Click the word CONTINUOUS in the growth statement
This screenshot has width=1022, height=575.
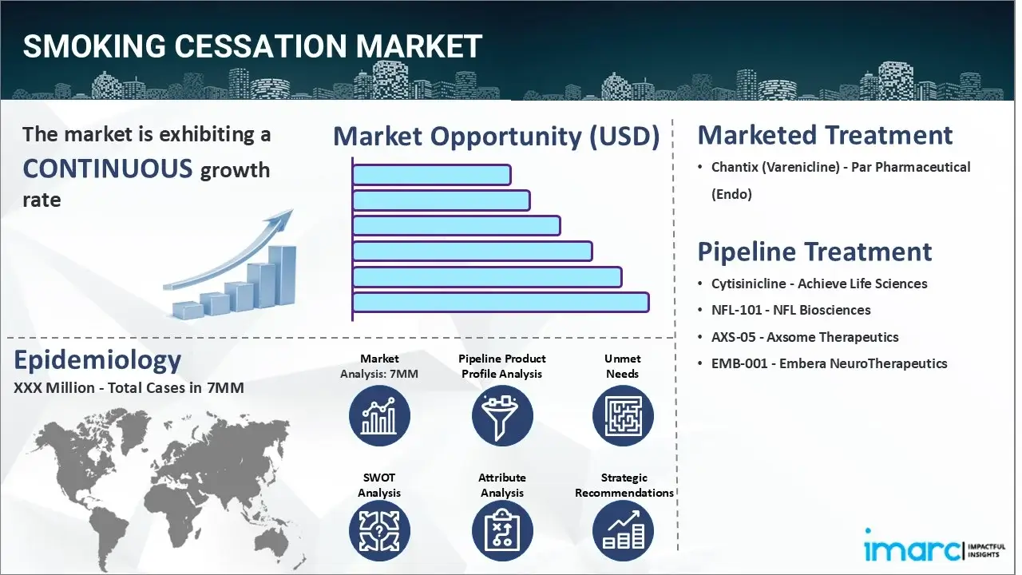click(x=107, y=169)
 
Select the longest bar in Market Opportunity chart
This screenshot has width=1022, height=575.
click(x=500, y=303)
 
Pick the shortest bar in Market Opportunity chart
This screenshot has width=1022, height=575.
click(x=431, y=175)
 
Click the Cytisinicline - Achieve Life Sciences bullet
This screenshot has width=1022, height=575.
click(x=819, y=284)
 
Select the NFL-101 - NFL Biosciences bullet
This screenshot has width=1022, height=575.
click(x=790, y=310)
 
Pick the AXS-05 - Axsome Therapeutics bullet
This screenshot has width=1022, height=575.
click(x=805, y=337)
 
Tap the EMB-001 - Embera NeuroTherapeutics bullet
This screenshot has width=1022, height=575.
click(x=829, y=363)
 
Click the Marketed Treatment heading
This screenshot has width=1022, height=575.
click(x=825, y=135)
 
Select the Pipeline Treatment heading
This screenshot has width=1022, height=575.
click(x=814, y=252)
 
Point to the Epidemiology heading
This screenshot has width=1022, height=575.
click(x=97, y=360)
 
